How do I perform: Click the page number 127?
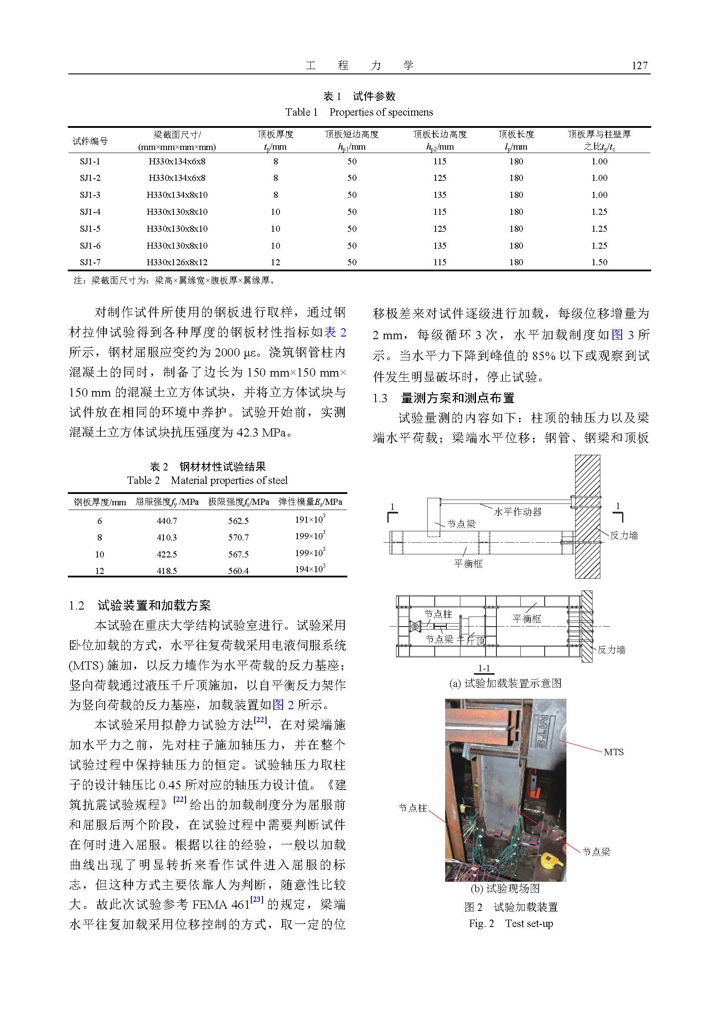[x=639, y=66]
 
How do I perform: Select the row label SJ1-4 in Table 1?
[x=90, y=212]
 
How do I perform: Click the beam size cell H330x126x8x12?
[x=177, y=262]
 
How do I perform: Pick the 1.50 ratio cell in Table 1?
[x=599, y=262]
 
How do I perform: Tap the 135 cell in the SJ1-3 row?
[x=439, y=195]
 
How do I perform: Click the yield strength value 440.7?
[x=166, y=521]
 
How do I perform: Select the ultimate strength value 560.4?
[x=238, y=571]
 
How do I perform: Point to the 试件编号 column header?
[x=90, y=141]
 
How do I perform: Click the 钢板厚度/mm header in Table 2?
[x=100, y=502]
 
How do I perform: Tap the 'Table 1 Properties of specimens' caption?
[x=359, y=112]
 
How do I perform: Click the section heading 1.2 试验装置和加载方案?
[x=140, y=606]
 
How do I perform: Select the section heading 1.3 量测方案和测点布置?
[x=444, y=398]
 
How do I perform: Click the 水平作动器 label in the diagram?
[x=517, y=512]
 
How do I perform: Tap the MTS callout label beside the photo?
[x=613, y=752]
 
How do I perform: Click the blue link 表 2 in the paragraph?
[x=336, y=332]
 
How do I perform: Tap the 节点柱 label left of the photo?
[x=413, y=808]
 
